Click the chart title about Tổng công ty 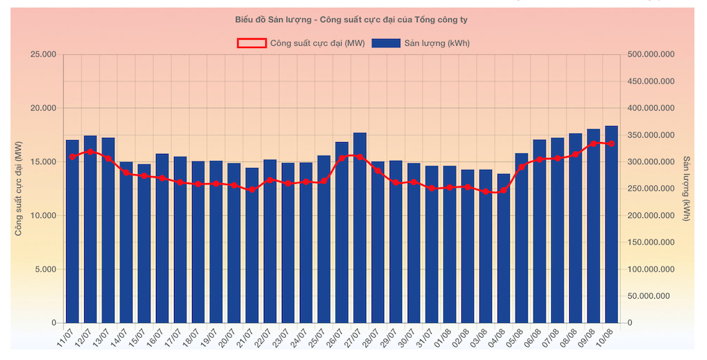pyautogui.click(x=356, y=19)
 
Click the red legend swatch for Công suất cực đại pyautogui.click(x=251, y=43)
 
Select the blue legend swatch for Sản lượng pyautogui.click(x=386, y=43)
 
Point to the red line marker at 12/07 pyautogui.click(x=90, y=152)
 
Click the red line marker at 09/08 pyautogui.click(x=594, y=143)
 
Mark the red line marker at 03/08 pyautogui.click(x=486, y=191)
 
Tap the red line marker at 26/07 pyautogui.click(x=342, y=159)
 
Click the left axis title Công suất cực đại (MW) pyautogui.click(x=19, y=188)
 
